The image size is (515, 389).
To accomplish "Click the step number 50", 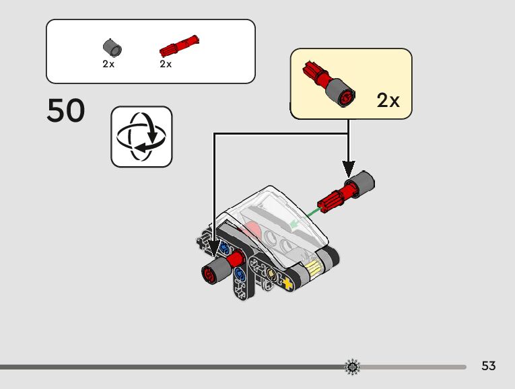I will click(66, 111).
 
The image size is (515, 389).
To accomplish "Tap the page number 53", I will click(489, 366).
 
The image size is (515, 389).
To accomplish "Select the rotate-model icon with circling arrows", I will click(141, 136).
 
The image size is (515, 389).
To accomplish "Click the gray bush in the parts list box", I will click(112, 48).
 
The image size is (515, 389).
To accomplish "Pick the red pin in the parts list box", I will click(179, 46).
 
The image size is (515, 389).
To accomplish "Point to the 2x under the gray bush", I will click(108, 65).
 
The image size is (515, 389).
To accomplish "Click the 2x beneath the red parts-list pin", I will click(166, 65).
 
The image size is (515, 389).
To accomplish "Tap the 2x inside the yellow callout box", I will click(388, 101).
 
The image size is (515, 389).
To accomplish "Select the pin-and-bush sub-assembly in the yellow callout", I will click(331, 84).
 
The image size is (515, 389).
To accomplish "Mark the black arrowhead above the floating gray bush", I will click(348, 168).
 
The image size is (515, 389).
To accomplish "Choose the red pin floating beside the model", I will click(335, 197).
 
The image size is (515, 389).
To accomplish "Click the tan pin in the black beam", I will click(271, 275).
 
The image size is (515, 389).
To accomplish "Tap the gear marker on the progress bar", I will click(352, 367).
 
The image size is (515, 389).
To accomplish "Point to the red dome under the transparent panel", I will click(250, 229).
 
